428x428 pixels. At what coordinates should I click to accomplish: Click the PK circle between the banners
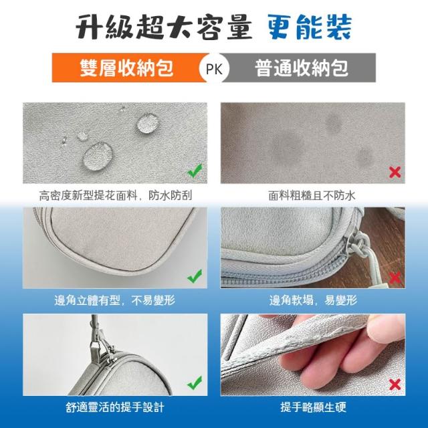point(214,68)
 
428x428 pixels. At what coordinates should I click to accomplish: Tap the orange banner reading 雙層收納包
point(127,68)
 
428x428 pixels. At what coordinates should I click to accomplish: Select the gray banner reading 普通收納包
point(300,68)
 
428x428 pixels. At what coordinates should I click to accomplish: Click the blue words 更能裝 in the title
point(309,27)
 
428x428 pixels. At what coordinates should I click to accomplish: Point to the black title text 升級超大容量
point(164,27)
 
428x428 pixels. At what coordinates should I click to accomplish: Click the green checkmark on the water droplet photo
point(195,171)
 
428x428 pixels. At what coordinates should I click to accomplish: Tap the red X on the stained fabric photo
point(395,173)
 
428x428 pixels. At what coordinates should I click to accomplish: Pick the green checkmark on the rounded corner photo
point(195,276)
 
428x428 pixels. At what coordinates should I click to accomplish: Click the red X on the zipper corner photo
point(395,278)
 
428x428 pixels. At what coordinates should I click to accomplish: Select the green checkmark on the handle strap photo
point(195,383)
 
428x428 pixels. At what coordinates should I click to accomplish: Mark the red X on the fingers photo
point(395,385)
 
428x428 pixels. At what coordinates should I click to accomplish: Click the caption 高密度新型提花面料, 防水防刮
point(116,195)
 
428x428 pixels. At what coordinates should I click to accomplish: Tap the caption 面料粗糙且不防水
point(312,195)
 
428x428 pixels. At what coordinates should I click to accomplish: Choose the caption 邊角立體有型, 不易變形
point(114,300)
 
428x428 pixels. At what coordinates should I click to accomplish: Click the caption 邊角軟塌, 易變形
point(313,300)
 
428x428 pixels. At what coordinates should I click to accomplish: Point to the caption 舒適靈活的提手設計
point(115,407)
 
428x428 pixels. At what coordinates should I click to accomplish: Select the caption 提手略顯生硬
point(313,407)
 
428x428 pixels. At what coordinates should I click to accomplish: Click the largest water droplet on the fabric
point(98,156)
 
